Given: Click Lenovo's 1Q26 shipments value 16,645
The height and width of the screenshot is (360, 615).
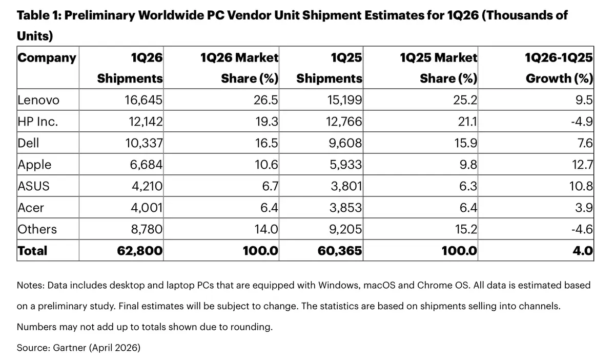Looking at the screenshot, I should pos(144,100).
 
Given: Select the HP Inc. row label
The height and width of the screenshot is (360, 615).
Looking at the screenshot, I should pos(37,122).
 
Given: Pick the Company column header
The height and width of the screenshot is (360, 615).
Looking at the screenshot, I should pos(47,57).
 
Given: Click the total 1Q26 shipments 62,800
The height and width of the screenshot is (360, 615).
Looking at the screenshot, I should pos(141,251).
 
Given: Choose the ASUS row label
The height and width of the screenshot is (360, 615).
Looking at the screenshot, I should pos(34,186).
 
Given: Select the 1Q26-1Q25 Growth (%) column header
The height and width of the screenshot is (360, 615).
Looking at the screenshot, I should pos(559,68).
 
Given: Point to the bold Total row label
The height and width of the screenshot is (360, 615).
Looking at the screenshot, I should pos(32,251).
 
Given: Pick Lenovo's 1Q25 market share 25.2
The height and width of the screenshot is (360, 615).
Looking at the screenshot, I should pos(465,100).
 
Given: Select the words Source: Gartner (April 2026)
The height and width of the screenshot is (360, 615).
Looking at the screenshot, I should pos(78,347).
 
